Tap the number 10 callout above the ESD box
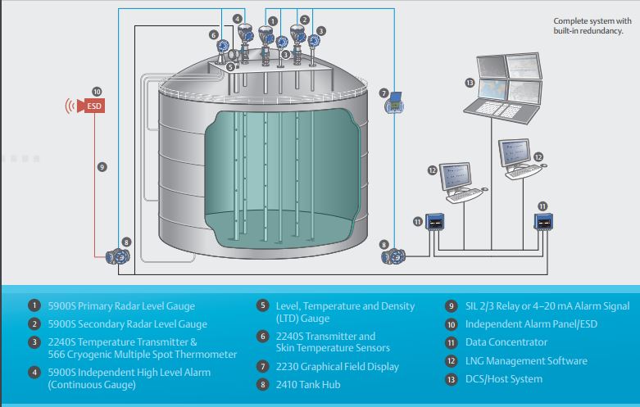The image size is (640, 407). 97,92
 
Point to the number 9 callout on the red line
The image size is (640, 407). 102,166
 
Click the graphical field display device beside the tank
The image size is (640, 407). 395,104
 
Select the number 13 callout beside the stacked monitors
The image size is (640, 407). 469,84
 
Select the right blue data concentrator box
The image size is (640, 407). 542,221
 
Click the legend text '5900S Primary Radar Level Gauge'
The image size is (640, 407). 120,306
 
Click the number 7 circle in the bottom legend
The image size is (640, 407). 262,366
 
